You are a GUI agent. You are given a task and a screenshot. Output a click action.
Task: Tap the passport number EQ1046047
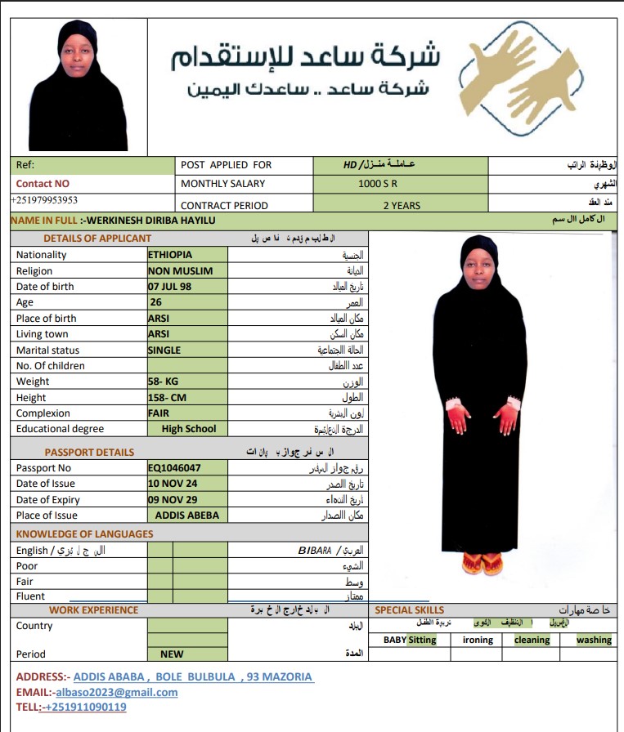(174, 468)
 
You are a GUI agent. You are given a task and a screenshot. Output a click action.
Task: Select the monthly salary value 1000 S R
(378, 184)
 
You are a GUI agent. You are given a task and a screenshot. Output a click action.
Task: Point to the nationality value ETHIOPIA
(170, 255)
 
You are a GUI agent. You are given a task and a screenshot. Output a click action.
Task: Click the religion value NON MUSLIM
(180, 270)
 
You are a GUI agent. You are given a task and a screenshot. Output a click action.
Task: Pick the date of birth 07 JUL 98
(173, 287)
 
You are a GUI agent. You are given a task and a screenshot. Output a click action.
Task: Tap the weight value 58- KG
(163, 382)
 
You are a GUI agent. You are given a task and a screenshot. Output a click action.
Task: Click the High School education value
(189, 429)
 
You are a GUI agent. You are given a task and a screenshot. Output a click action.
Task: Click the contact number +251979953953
(44, 200)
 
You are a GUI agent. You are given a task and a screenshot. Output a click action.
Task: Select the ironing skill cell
(478, 640)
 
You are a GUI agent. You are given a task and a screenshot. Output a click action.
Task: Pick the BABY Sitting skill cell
(410, 640)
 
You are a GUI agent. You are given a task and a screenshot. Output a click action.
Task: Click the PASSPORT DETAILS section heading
(89, 453)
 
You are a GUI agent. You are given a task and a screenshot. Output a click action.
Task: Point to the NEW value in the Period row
(172, 654)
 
